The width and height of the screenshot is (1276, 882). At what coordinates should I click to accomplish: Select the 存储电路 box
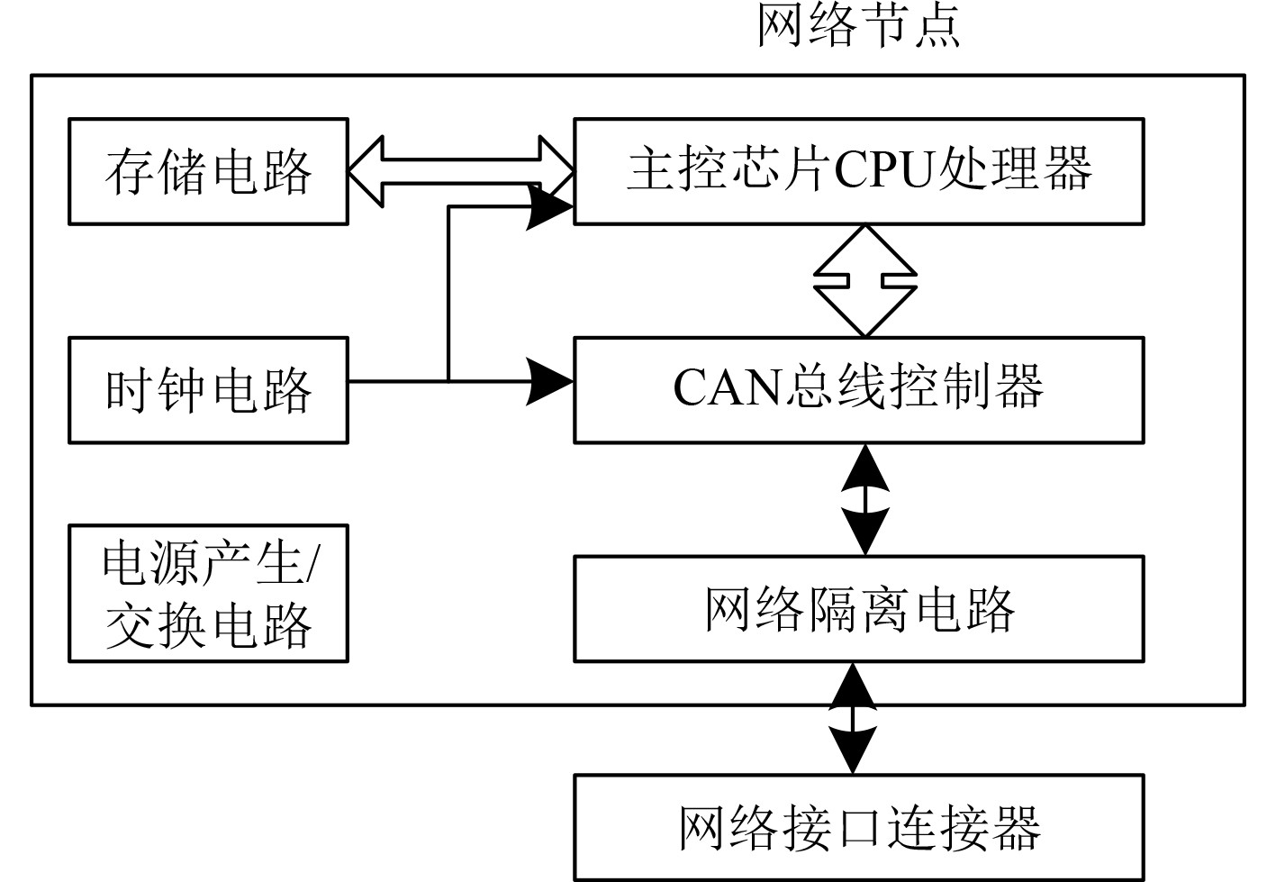point(208,171)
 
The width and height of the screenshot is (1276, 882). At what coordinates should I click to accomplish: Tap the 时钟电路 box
point(208,390)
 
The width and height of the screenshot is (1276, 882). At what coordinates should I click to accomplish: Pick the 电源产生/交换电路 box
point(208,594)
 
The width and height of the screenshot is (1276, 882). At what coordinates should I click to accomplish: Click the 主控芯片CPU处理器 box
point(858,171)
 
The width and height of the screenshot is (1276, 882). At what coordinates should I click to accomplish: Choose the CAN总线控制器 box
point(858,390)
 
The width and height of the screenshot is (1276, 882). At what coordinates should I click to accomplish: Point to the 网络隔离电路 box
point(858,609)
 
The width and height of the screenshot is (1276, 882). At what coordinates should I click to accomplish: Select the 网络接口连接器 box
point(858,827)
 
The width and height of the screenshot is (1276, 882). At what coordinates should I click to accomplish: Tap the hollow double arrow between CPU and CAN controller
point(865,281)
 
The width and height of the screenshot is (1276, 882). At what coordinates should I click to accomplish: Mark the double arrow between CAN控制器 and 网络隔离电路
point(865,499)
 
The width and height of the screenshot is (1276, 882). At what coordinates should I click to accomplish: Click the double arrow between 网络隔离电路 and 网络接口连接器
point(853,718)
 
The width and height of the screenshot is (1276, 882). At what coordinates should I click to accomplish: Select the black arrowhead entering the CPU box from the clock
point(549,208)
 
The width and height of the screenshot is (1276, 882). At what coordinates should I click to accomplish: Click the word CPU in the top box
point(885,170)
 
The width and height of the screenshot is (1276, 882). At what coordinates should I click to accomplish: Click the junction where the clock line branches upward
point(448,381)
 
